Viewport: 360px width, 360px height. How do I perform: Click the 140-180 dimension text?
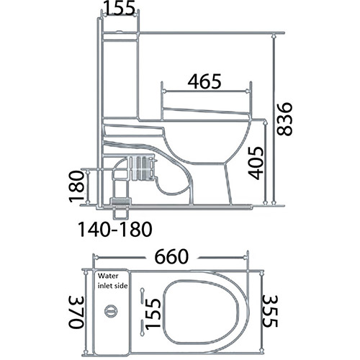click(116, 230)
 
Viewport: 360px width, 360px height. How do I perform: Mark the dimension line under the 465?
click(207, 91)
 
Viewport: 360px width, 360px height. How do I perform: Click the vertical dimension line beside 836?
click(274, 119)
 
